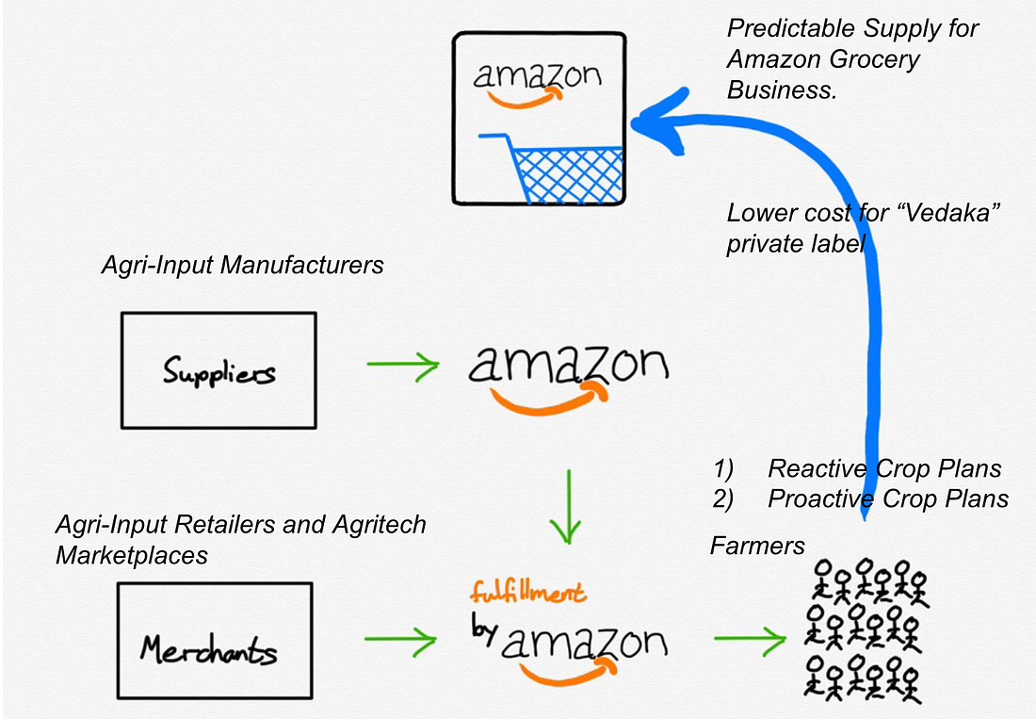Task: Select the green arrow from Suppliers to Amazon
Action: [402, 365]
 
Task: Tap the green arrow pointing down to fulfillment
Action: [567, 506]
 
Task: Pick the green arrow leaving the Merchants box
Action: [400, 639]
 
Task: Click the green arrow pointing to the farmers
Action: [750, 639]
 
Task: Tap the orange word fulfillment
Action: [528, 592]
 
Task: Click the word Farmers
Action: [757, 546]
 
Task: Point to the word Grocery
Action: [873, 59]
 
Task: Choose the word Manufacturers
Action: [301, 265]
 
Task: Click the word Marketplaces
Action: [132, 555]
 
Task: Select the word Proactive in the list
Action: [820, 498]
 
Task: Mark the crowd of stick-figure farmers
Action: [866, 630]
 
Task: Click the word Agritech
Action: [380, 525]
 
